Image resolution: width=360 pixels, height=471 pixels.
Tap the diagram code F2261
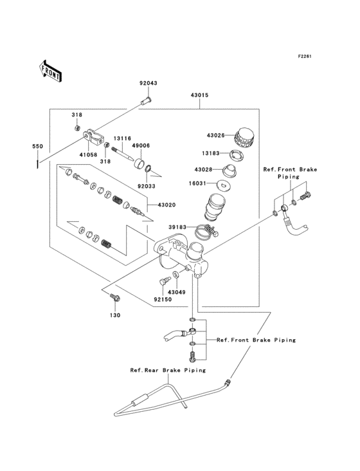(304, 57)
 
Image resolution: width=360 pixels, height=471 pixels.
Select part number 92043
(148, 83)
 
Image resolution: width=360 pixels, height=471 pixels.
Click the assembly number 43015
(199, 95)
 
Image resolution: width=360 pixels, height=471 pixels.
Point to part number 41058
(88, 154)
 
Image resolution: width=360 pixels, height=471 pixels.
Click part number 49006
(141, 145)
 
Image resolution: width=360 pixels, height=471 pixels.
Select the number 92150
(163, 299)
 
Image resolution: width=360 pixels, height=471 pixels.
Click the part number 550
(38, 147)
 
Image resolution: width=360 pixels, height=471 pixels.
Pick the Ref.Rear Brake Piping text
(168, 370)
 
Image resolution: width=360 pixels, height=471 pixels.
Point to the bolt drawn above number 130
(114, 298)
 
